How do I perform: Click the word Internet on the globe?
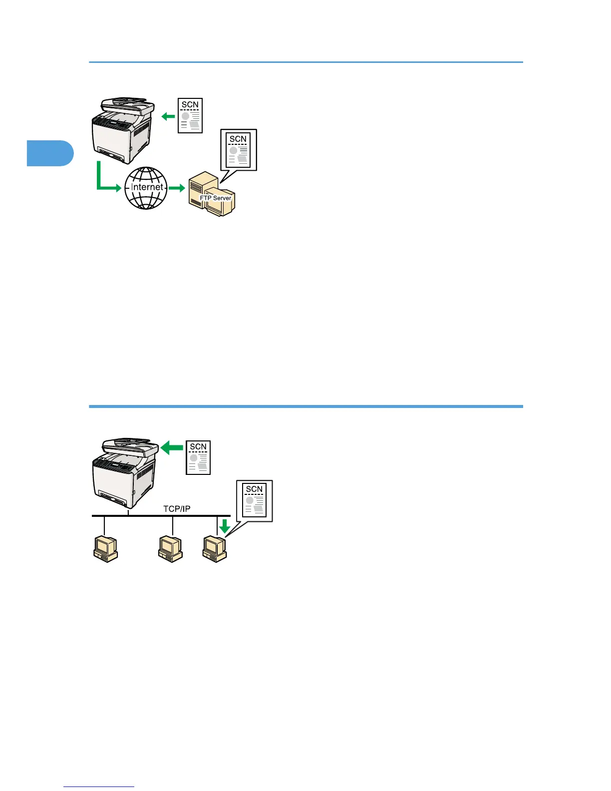147,187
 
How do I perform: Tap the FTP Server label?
216,198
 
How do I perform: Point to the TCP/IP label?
177,509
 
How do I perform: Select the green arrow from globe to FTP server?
177,188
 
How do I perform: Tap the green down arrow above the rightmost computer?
225,526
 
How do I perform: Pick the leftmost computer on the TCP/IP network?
105,549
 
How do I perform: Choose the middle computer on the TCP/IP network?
170,549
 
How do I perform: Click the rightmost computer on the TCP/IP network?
215,549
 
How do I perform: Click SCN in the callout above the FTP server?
238,139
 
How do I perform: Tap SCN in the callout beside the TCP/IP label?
254,489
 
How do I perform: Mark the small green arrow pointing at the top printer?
168,116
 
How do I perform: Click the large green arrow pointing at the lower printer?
172,448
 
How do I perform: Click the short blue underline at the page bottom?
99,787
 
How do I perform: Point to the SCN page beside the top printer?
190,116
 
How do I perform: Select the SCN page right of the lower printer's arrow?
198,457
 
